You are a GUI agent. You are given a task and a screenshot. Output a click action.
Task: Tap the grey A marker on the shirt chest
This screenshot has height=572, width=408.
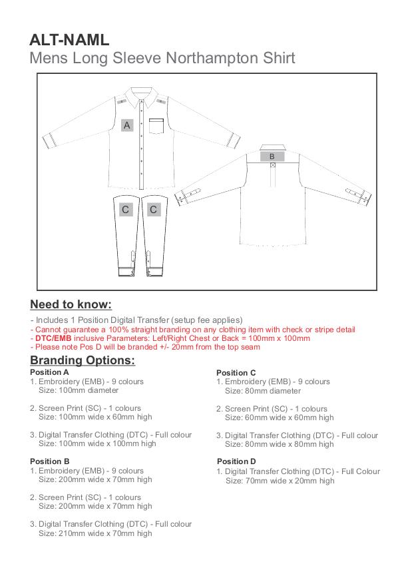coord(128,125)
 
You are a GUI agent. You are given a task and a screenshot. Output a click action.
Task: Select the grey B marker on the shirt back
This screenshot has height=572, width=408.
coord(272,157)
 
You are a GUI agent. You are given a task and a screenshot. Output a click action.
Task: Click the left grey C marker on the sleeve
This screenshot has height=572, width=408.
coord(125,210)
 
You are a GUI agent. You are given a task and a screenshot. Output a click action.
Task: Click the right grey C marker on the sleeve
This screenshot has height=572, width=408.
coord(154,210)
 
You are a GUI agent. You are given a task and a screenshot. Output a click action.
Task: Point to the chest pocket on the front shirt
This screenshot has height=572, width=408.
coord(156,127)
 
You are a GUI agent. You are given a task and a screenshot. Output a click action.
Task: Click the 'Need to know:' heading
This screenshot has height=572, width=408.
coord(71,305)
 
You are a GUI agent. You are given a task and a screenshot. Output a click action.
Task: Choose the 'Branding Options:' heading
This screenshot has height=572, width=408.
coord(83,360)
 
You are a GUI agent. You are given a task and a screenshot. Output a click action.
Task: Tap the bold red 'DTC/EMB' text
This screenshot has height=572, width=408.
coord(53,338)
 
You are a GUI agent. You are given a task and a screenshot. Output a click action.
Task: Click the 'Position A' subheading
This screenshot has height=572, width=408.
coord(50,372)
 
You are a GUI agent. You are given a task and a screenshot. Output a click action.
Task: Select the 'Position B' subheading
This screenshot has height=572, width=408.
coord(50,461)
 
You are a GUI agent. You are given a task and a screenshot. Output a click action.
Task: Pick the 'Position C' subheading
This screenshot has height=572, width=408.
coord(236,372)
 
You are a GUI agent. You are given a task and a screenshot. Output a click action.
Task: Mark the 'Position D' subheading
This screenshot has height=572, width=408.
coord(236,461)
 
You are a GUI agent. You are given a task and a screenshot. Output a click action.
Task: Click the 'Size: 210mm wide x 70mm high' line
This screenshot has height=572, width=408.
coord(95,533)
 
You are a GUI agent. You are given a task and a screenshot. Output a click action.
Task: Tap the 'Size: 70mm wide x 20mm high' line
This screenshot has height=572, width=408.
coord(280,480)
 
